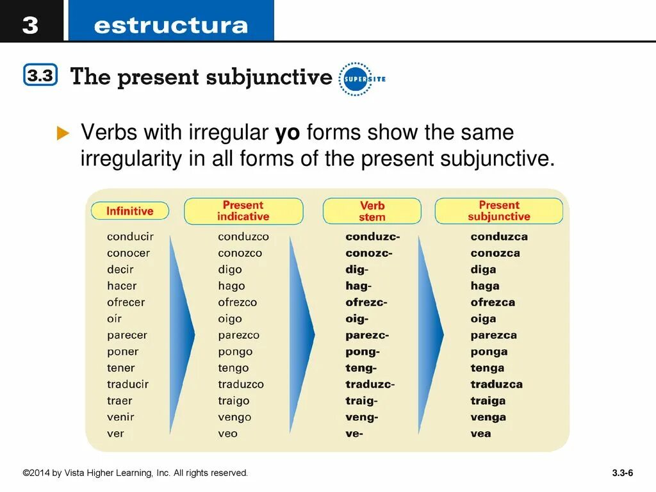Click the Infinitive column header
[x=130, y=211]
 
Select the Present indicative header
[x=243, y=211]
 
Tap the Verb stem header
[x=372, y=211]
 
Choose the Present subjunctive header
[x=498, y=211]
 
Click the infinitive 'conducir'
[x=130, y=236]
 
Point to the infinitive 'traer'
[x=119, y=400]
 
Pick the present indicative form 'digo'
[x=230, y=270]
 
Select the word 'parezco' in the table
[x=238, y=335]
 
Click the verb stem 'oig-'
[x=357, y=318]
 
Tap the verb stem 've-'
[x=354, y=433]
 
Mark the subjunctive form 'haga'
[x=485, y=286]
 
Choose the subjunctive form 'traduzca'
[x=496, y=384]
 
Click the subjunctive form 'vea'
[x=480, y=433]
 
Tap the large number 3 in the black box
[x=30, y=25]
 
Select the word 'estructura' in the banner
[x=170, y=26]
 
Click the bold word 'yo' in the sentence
[x=288, y=133]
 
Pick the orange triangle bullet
[x=62, y=133]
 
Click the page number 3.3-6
[x=622, y=473]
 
